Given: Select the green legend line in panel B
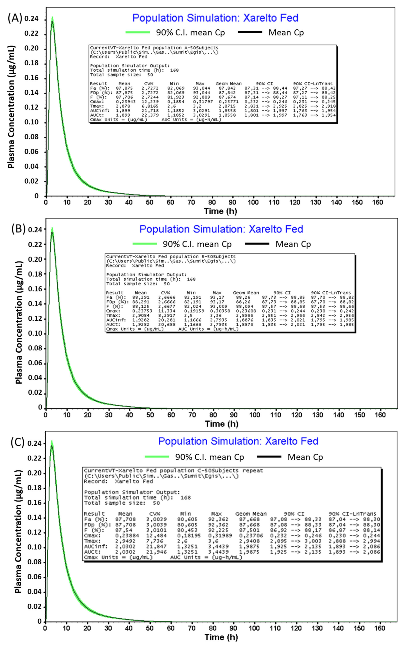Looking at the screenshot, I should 145,244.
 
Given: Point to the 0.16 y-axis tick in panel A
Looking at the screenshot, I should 31,78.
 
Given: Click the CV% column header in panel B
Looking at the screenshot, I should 165,293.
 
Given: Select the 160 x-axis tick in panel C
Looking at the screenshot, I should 380,628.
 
